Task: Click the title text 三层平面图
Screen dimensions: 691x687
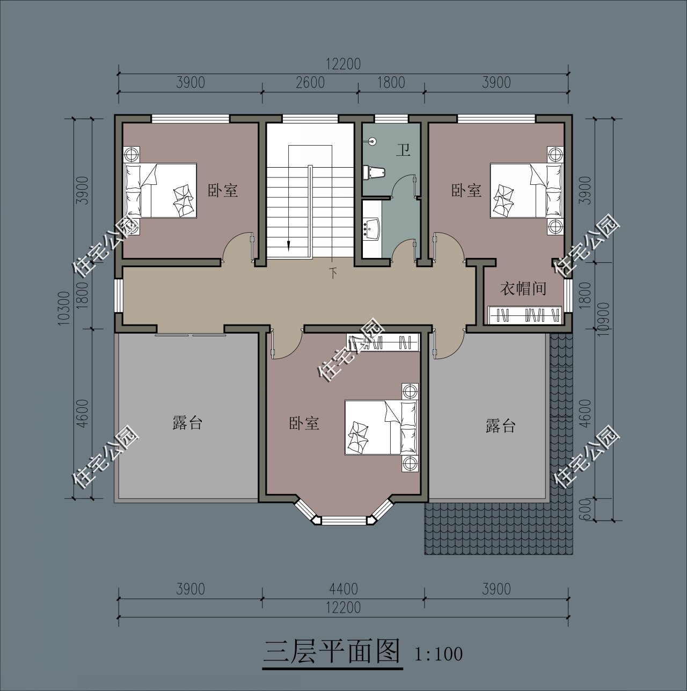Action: (332, 652)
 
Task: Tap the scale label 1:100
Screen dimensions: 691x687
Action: (438, 654)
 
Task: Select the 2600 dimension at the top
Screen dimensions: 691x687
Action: (310, 83)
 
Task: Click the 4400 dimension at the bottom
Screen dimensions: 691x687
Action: (343, 589)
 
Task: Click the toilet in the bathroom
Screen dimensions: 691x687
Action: (375, 172)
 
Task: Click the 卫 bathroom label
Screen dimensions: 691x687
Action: (403, 150)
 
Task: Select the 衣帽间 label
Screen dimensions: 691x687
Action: (523, 289)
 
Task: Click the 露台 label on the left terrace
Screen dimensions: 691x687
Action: (187, 422)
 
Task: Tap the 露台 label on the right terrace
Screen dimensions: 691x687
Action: (500, 426)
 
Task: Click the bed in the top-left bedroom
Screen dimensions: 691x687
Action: (160, 190)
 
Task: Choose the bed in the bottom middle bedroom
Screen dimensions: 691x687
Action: (381, 427)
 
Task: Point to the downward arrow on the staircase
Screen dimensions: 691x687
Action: (289, 244)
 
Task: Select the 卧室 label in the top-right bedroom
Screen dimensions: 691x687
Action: (466, 190)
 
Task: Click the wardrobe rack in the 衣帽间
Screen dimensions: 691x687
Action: (524, 315)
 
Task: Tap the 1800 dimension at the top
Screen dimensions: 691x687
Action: (391, 83)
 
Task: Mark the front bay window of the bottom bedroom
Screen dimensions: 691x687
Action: (343, 520)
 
